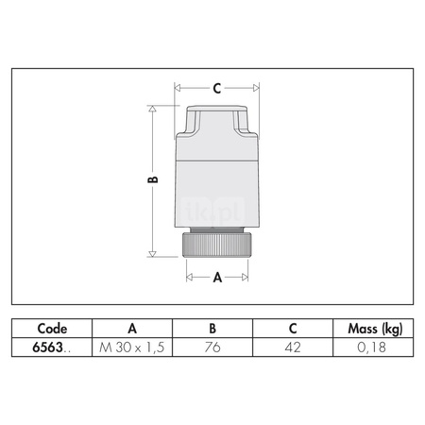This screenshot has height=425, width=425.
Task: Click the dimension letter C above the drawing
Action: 217,89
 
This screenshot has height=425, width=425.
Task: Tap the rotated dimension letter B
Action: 153,179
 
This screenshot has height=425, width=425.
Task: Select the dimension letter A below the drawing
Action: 217,278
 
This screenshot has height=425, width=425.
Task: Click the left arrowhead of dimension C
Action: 178,88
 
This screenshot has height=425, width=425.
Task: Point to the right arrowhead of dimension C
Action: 256,88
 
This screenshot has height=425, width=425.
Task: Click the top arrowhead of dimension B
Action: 152,109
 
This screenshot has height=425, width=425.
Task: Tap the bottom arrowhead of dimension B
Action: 152,254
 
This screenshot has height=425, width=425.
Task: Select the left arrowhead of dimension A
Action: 190,277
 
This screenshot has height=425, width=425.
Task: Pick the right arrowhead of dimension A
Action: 245,277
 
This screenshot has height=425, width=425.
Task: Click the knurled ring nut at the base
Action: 217,245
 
